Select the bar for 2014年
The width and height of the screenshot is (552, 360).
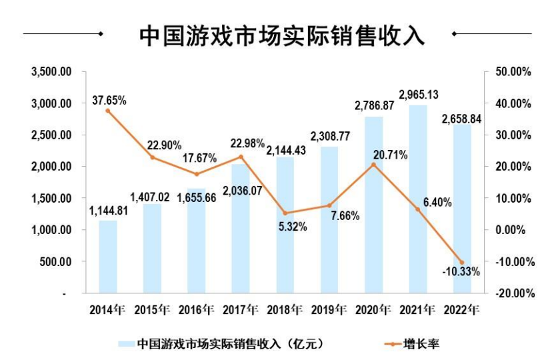(108, 257)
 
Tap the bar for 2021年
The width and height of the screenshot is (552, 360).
(418, 200)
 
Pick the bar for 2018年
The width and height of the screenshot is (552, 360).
(285, 227)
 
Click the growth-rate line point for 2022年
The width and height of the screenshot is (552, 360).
(462, 262)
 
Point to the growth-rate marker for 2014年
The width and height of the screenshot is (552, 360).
(108, 111)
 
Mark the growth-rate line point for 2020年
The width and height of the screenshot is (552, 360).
(374, 164)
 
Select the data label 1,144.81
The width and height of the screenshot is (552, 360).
(108, 211)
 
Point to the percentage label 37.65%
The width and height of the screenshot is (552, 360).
(110, 100)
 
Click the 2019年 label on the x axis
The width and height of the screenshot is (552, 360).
(329, 309)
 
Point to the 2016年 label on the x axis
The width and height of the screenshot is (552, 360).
(197, 309)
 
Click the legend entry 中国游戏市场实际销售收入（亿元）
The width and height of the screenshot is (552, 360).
(230, 344)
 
